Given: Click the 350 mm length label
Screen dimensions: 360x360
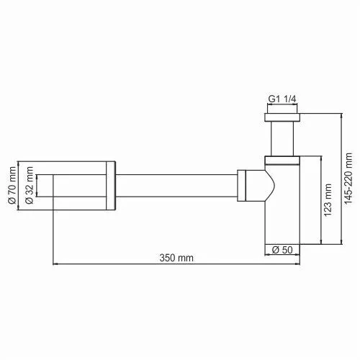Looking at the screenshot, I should point(176,258).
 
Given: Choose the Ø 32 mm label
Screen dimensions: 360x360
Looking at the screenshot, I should point(30,186).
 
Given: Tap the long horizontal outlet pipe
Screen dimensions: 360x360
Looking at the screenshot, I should point(176,186).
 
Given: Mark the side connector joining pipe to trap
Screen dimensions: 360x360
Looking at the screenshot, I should point(252,186).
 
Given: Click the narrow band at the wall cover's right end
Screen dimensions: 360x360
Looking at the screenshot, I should point(111,186).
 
